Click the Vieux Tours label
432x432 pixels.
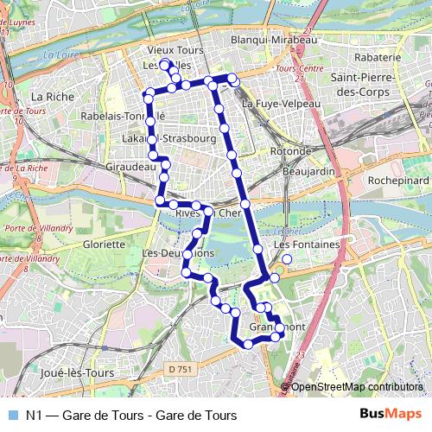click(x=175, y=51)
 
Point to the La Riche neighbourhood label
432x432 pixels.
click(x=50, y=96)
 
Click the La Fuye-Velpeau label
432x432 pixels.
click(x=281, y=104)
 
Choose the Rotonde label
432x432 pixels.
click(x=289, y=151)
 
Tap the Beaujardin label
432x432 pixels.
click(x=308, y=171)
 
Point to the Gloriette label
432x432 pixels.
click(x=104, y=245)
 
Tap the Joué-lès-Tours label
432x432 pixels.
click(x=77, y=373)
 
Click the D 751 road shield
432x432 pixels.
click(x=181, y=369)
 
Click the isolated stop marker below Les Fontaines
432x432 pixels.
click(x=287, y=258)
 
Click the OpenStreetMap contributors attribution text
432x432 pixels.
click(x=356, y=386)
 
